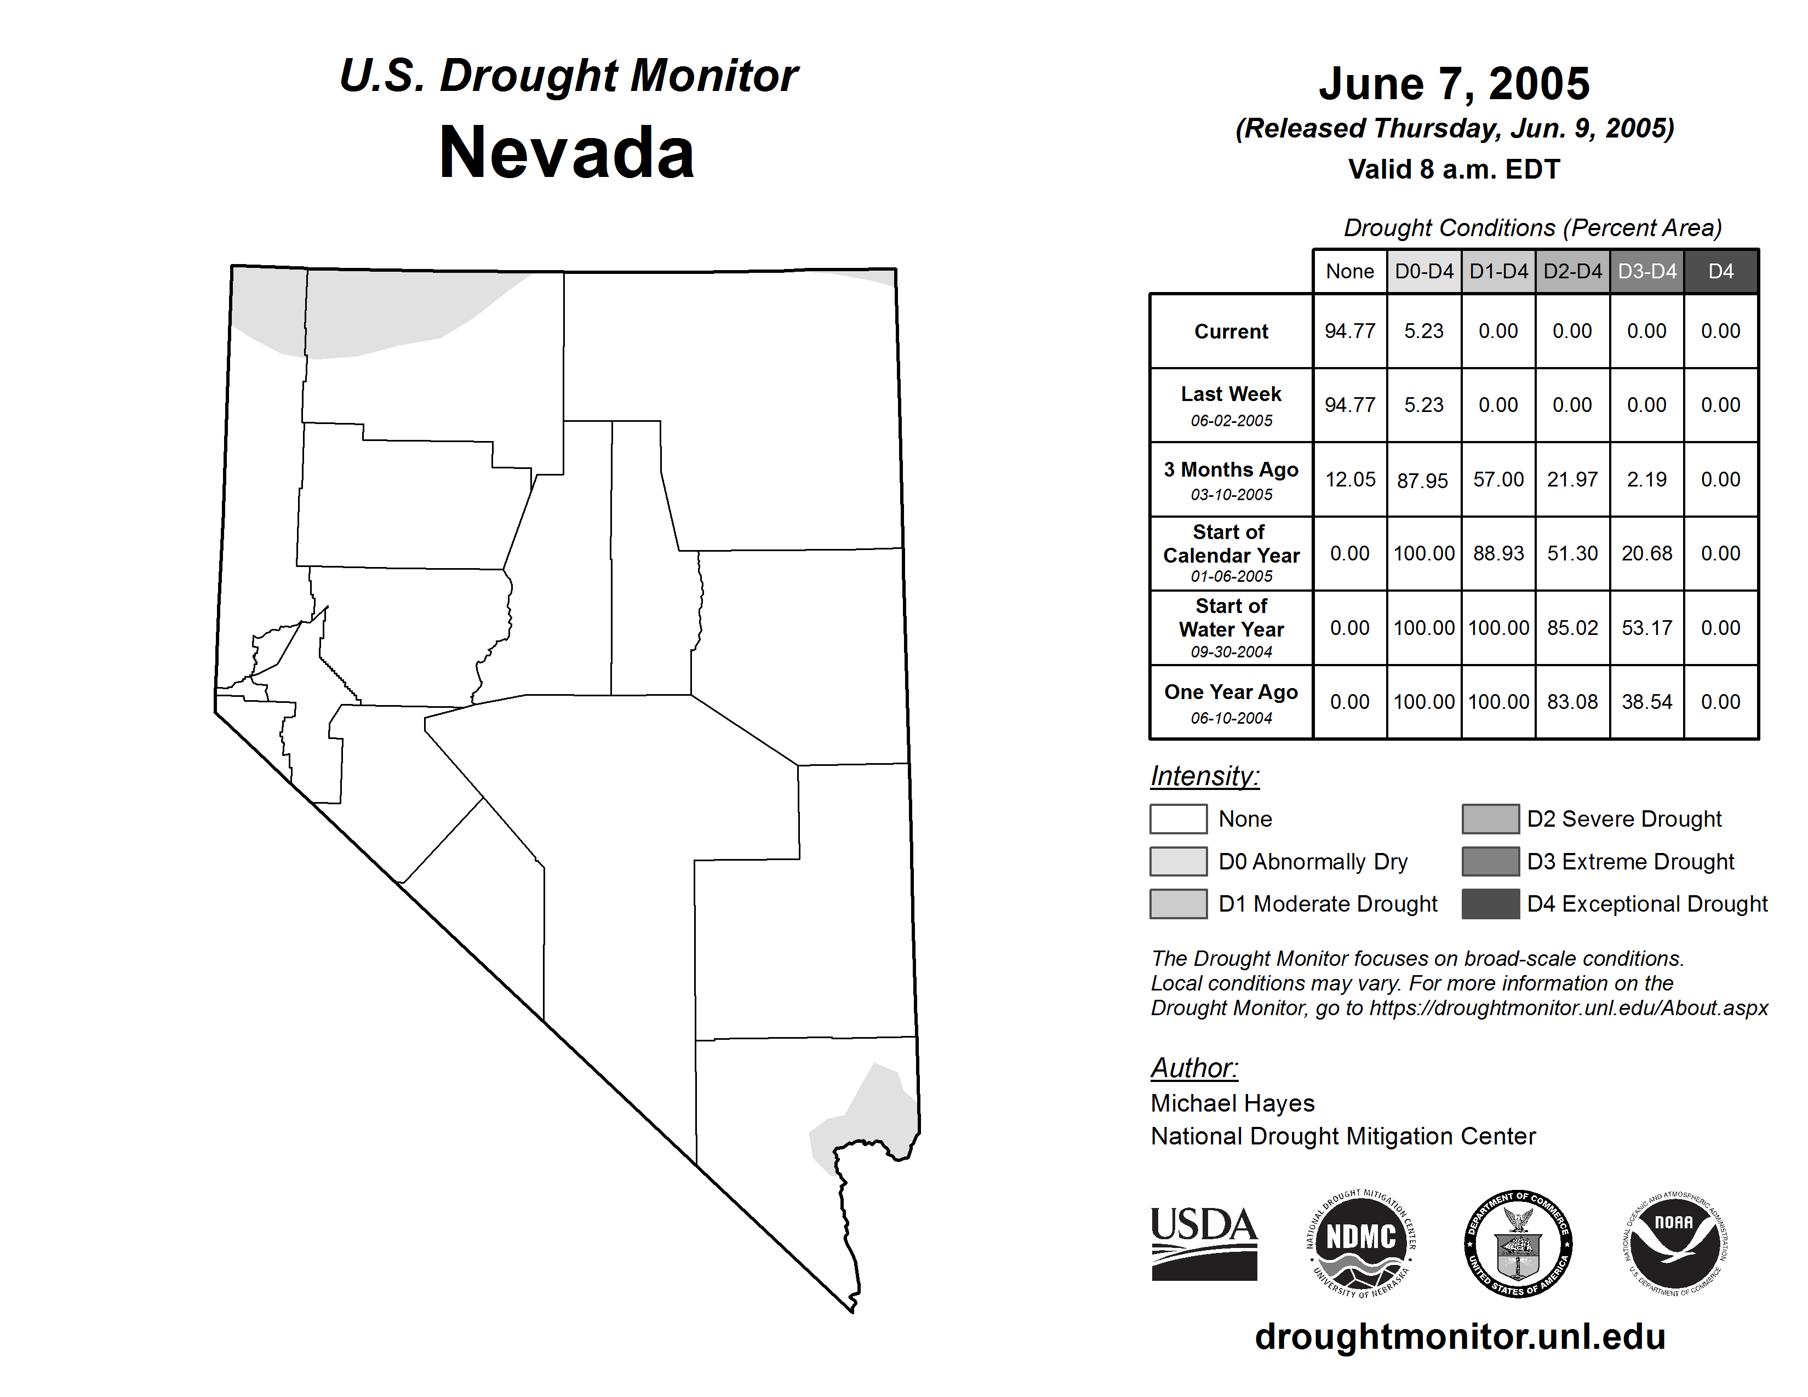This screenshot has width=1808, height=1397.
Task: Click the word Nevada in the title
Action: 567,153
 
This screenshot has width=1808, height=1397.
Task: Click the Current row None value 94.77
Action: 1349,331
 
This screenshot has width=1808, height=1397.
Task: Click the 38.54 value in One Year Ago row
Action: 1646,702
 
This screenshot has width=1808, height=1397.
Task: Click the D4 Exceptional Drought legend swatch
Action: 1490,904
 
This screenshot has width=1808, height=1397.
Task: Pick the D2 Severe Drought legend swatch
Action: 1490,818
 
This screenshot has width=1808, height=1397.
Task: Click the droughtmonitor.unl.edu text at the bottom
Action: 1460,1337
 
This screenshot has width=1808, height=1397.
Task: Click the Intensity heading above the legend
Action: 1204,776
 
